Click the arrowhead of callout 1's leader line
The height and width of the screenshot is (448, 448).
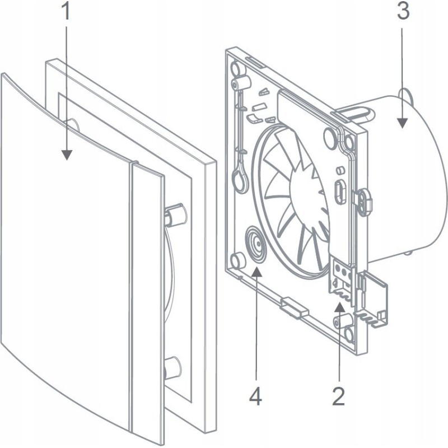(67, 157)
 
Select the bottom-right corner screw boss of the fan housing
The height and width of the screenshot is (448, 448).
(342, 323)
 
